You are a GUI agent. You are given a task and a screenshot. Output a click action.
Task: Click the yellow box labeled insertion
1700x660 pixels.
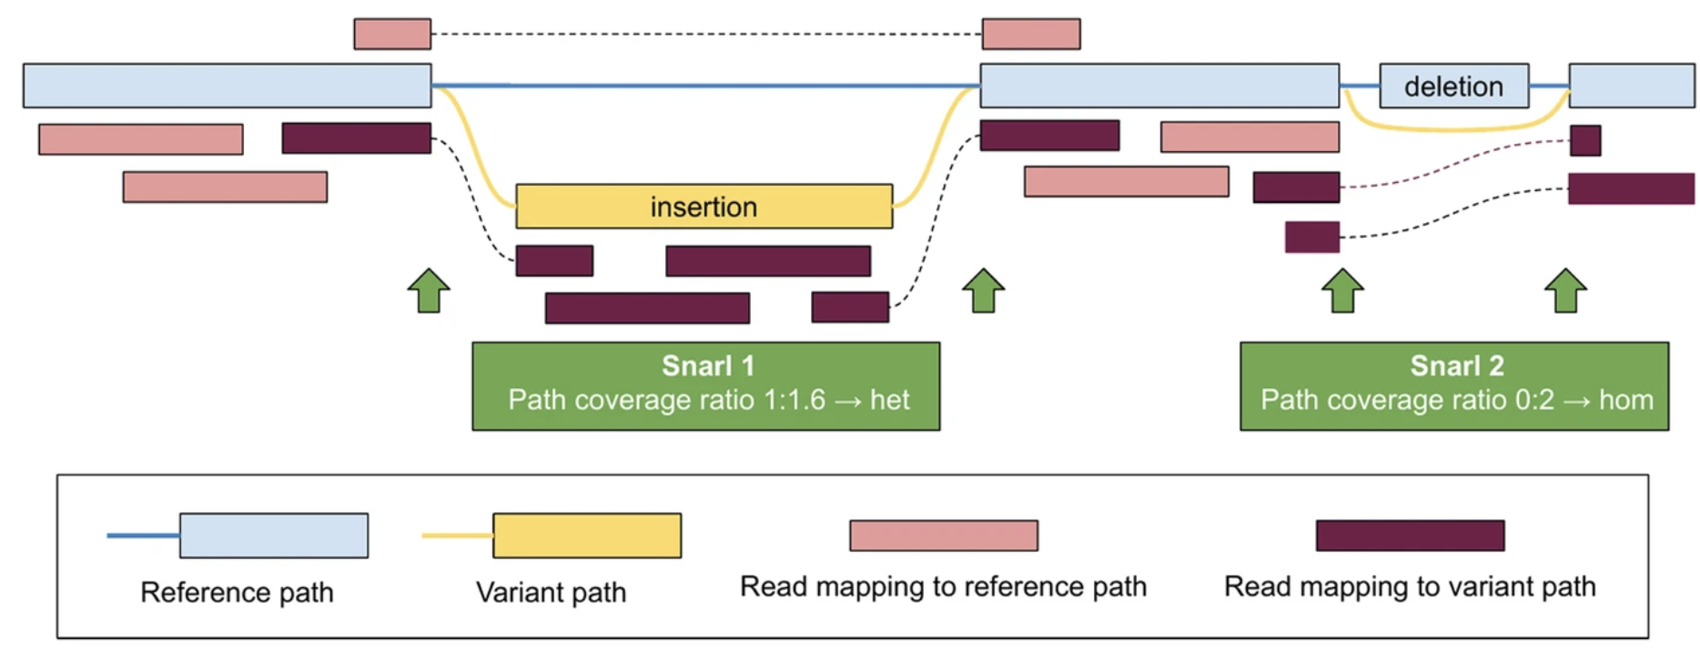(x=703, y=207)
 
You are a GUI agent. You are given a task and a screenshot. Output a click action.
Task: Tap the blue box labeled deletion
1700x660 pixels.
(x=1453, y=86)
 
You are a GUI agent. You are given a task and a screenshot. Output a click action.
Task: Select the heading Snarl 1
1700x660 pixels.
(x=707, y=366)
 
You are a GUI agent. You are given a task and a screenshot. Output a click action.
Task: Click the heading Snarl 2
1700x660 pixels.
(x=1456, y=366)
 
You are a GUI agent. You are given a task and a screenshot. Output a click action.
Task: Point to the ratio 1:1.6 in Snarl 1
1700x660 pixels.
(x=793, y=400)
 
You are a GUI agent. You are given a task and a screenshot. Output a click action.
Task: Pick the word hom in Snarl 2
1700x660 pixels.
(x=1625, y=400)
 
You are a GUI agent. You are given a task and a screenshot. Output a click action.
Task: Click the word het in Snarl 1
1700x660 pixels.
(x=889, y=400)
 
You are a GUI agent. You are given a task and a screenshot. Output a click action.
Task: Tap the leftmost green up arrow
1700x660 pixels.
(x=429, y=290)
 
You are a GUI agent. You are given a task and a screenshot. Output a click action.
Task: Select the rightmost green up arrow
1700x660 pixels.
(x=1565, y=290)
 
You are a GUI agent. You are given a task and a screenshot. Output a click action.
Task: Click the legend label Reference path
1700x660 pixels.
(x=237, y=593)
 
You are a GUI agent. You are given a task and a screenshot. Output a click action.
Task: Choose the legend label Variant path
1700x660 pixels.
(x=551, y=593)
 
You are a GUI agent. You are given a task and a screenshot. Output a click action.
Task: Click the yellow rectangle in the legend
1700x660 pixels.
(x=587, y=535)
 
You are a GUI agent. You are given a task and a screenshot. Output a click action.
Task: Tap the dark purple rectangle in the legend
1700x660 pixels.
(x=1410, y=535)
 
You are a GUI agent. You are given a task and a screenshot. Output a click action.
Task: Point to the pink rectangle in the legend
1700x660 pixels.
(x=943, y=535)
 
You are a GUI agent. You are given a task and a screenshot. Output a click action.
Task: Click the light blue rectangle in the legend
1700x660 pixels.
(x=273, y=535)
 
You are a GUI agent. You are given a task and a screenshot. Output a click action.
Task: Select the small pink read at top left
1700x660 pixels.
(x=392, y=34)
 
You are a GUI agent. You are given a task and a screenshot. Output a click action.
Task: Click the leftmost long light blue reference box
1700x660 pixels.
(x=227, y=86)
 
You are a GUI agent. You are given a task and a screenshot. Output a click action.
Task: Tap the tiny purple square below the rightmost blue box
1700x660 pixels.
(x=1584, y=140)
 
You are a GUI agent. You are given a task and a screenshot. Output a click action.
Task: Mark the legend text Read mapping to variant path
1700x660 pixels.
(x=1409, y=587)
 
